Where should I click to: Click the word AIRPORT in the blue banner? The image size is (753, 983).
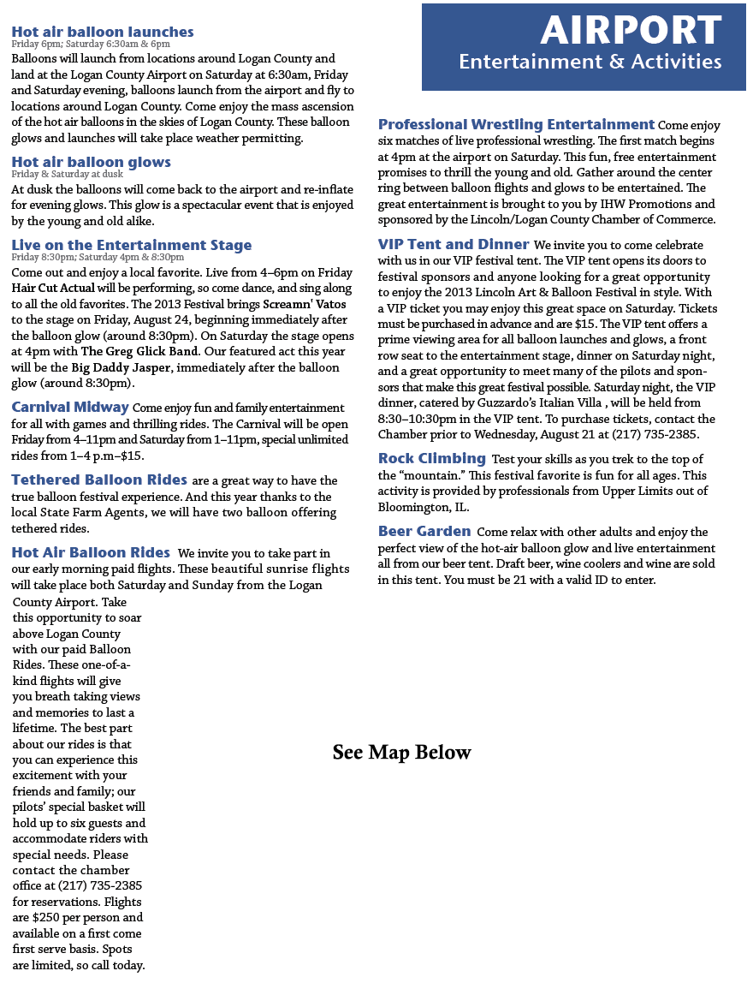[631, 31]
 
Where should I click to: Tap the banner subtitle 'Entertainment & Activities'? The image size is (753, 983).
[590, 62]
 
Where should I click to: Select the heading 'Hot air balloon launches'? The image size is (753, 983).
[103, 32]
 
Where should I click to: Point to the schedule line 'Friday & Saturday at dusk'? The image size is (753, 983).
[68, 173]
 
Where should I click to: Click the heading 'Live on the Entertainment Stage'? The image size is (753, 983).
[132, 245]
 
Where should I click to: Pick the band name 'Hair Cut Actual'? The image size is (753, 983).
[54, 288]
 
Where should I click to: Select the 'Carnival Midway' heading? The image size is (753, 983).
[70, 407]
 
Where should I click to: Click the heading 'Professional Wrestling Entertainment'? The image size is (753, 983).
[516, 124]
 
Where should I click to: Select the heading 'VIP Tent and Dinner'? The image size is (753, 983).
[454, 244]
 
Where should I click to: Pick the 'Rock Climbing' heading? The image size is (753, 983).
[432, 458]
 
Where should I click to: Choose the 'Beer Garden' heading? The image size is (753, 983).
[424, 532]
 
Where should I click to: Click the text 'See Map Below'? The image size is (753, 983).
[401, 753]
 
